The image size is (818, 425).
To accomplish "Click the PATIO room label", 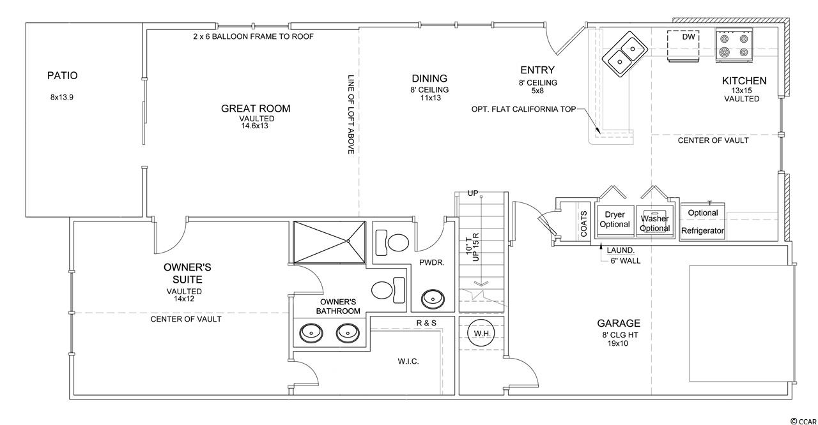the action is [x=63, y=75].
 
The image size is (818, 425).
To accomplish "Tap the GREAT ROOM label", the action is [x=256, y=108].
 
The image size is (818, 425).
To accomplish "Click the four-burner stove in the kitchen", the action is [x=734, y=45].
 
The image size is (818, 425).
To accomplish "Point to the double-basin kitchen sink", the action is [x=625, y=54].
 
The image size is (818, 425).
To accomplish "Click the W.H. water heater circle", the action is [x=482, y=332].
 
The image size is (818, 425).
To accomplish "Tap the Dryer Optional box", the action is [x=615, y=221].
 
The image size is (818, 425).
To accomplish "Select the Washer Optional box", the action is [x=655, y=221].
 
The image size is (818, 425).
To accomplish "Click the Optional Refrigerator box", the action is [x=702, y=221].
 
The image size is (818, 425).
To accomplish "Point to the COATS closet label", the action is [x=583, y=223].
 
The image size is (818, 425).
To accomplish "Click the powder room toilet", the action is [x=392, y=242].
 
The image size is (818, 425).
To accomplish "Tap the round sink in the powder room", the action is [x=433, y=299].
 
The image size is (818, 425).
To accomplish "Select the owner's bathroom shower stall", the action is [x=329, y=242].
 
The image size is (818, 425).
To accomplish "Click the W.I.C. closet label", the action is [x=408, y=361].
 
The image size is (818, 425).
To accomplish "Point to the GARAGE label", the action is [x=619, y=324].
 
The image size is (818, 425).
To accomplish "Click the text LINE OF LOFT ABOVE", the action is [x=351, y=114].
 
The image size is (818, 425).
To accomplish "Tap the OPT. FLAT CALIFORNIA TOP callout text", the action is [x=523, y=109].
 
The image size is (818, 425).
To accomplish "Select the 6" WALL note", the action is [x=626, y=261].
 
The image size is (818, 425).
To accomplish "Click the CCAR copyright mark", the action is [x=802, y=421].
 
